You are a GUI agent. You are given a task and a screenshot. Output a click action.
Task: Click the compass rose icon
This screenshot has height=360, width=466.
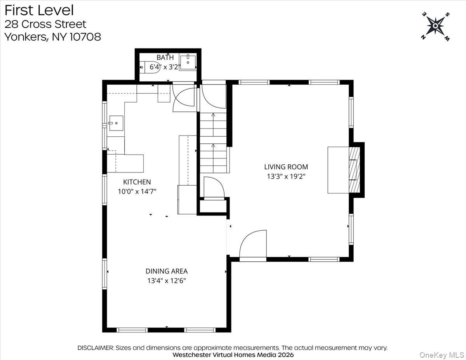(436, 26)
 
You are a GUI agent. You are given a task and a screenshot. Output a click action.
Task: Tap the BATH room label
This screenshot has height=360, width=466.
(165, 57)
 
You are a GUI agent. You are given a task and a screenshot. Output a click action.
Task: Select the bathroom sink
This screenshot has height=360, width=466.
(188, 63)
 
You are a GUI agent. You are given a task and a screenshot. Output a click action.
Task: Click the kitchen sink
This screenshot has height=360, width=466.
(116, 123)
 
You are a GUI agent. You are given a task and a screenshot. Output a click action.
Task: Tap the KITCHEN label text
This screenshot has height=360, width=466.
(137, 182)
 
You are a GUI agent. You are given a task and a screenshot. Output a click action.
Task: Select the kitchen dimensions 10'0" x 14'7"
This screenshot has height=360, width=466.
(137, 191)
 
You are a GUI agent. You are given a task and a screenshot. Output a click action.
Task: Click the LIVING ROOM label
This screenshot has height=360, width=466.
(286, 167)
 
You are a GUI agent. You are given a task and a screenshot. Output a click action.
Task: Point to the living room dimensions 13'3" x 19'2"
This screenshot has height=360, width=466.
(286, 176)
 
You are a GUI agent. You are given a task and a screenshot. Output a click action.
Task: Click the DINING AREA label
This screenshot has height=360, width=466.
(167, 271)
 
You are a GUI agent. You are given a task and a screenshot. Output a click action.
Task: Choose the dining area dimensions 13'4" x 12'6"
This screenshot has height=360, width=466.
(167, 281)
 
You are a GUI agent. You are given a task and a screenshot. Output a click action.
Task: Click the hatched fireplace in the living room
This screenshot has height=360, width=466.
(354, 170)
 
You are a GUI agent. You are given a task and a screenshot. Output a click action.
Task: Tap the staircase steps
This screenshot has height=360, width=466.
(213, 143)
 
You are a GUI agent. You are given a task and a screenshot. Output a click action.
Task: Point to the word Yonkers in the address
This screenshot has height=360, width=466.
(25, 37)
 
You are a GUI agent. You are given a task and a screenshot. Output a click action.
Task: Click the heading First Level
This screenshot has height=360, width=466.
(39, 10)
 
